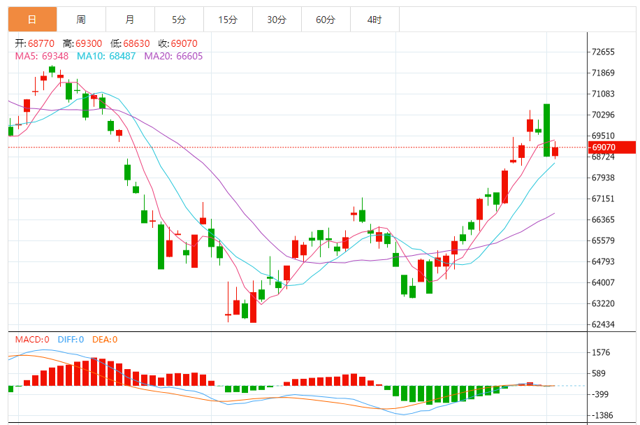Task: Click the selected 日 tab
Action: point(33,20)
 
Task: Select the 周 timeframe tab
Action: point(82,20)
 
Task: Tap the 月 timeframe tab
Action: point(131,20)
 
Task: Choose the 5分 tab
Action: point(180,20)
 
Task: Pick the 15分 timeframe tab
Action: point(228,20)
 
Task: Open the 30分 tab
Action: point(277,20)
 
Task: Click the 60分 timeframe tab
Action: point(326,20)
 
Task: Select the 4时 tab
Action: point(374,20)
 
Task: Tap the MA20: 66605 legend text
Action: point(173,56)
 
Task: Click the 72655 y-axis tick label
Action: point(603,52)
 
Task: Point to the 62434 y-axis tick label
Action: point(603,325)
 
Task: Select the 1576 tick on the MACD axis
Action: point(601,353)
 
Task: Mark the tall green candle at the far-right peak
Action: point(546,129)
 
